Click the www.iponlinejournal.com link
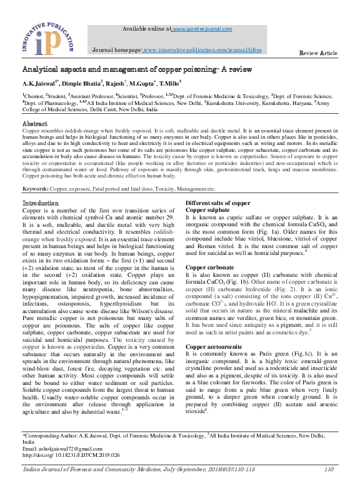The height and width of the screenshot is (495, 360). pyautogui.click(x=202, y=29)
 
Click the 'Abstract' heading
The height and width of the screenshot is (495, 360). pyautogui.click(x=35, y=124)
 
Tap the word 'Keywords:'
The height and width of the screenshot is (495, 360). pyautogui.click(x=37, y=188)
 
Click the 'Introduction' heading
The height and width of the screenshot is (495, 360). pyautogui.click(x=41, y=204)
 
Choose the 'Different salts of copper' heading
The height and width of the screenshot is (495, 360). pyautogui.click(x=218, y=204)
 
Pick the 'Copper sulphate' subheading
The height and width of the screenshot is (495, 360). pyautogui.click(x=209, y=211)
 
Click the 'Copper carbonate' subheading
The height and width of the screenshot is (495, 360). pyautogui.click(x=211, y=267)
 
